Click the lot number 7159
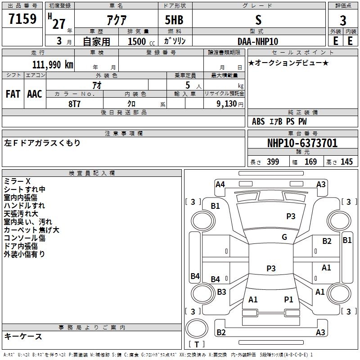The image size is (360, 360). (x=22, y=19)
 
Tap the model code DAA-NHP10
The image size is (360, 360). (x=258, y=41)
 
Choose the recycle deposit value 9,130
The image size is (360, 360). (x=225, y=103)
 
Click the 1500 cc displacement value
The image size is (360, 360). (x=137, y=41)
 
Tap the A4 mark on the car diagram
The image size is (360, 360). (x=220, y=184)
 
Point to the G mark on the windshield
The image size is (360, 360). (x=284, y=237)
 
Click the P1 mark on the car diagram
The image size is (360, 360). (x=288, y=299)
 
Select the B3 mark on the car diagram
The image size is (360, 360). (x=221, y=292)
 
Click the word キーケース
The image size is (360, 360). (x=23, y=336)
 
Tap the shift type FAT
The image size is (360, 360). (x=13, y=94)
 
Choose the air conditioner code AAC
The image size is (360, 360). (x=35, y=94)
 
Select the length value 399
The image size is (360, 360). (x=273, y=162)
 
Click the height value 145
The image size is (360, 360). (x=346, y=162)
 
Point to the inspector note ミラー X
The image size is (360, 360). (x=17, y=181)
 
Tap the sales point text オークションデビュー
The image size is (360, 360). (x=288, y=63)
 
